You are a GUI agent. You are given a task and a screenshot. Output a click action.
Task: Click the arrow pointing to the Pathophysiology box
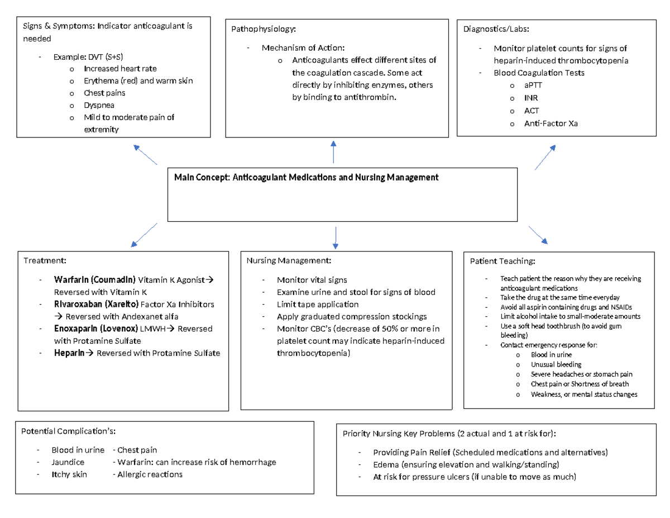333,151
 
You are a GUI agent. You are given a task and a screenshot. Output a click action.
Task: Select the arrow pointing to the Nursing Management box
335,237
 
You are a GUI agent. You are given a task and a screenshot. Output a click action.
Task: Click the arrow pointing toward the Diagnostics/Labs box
544,157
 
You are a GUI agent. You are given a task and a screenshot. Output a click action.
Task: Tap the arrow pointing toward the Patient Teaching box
538,235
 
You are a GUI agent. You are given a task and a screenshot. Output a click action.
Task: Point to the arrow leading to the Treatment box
144,235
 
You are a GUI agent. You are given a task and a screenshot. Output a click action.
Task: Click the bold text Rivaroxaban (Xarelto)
96,304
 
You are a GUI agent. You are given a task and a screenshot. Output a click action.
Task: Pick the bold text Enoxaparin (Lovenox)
95,329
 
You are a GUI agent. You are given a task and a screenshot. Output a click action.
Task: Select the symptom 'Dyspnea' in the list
97,105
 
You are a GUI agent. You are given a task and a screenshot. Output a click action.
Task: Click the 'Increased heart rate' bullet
120,69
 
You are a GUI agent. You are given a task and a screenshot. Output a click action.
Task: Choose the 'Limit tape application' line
317,305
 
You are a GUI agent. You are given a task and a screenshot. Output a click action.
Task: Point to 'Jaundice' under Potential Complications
68,463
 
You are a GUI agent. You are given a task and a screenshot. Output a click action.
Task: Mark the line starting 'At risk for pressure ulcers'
475,477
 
